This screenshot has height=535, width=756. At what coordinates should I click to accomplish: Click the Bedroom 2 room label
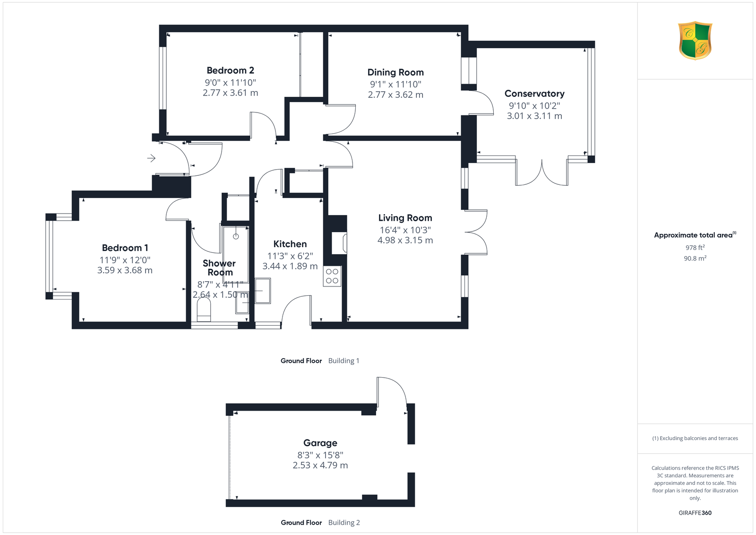click(230, 70)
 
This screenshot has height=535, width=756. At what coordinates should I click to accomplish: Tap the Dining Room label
click(395, 72)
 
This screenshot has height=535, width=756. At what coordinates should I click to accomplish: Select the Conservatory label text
click(534, 94)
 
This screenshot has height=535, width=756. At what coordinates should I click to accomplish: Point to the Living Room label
click(405, 218)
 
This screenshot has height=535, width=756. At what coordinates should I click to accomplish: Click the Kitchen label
click(290, 244)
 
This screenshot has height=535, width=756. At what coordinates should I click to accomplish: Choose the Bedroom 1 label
click(125, 248)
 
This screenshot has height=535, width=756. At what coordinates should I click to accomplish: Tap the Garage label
click(320, 443)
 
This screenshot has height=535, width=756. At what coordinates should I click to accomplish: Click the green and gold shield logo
click(695, 41)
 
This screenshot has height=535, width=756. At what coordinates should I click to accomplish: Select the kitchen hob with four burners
click(332, 276)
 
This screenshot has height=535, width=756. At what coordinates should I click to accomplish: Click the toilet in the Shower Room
click(204, 309)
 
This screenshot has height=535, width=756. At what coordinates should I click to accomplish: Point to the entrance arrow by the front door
click(151, 158)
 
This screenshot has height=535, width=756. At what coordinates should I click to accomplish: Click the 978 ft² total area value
click(695, 248)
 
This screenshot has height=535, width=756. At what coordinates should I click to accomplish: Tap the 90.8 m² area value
click(695, 258)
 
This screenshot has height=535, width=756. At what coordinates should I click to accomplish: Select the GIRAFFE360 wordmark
click(695, 513)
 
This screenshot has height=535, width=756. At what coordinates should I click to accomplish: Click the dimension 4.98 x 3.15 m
click(405, 241)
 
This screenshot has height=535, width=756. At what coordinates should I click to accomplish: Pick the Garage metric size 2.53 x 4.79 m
click(320, 465)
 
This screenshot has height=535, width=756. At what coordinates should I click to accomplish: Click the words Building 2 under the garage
click(344, 523)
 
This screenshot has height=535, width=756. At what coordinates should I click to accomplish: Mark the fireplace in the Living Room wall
click(339, 243)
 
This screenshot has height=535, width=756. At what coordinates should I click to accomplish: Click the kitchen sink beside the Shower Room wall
click(263, 291)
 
